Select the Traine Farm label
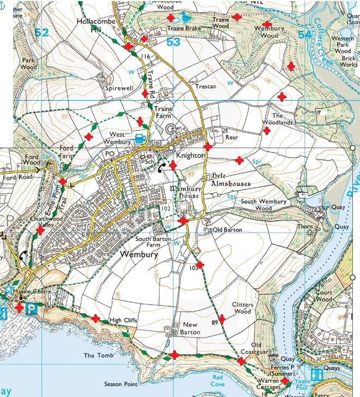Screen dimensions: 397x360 [x=162, y=112]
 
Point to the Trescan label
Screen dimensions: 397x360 [x=206, y=87]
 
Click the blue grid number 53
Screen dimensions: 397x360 [x=173, y=41]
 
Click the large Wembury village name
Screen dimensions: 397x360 [x=139, y=255]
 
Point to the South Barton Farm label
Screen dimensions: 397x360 [x=154, y=242]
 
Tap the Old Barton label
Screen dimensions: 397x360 [x=227, y=230]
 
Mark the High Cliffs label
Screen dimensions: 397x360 [x=124, y=320]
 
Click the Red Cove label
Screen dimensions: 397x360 [x=218, y=380]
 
